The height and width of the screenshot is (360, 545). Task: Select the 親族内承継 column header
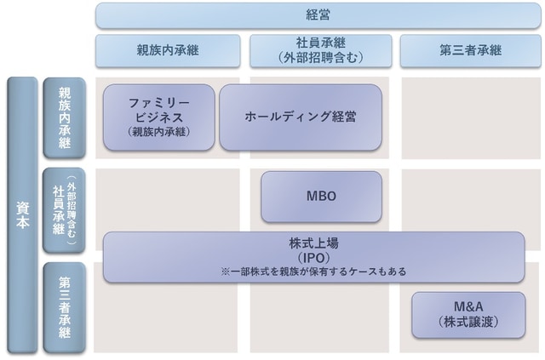168,50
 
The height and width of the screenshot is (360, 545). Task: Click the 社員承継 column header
320,50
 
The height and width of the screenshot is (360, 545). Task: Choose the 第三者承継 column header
470,50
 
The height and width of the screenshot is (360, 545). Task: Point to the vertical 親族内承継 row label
65,117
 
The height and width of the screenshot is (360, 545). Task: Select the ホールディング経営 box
301,117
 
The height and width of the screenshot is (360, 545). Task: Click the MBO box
321,196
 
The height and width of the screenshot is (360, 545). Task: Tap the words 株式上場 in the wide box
313,243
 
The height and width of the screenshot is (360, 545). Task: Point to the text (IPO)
313,257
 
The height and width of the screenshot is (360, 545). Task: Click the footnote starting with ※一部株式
313,271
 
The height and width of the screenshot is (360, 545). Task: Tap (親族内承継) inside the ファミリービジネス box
158,132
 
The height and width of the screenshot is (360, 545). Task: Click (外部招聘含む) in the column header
320,58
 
